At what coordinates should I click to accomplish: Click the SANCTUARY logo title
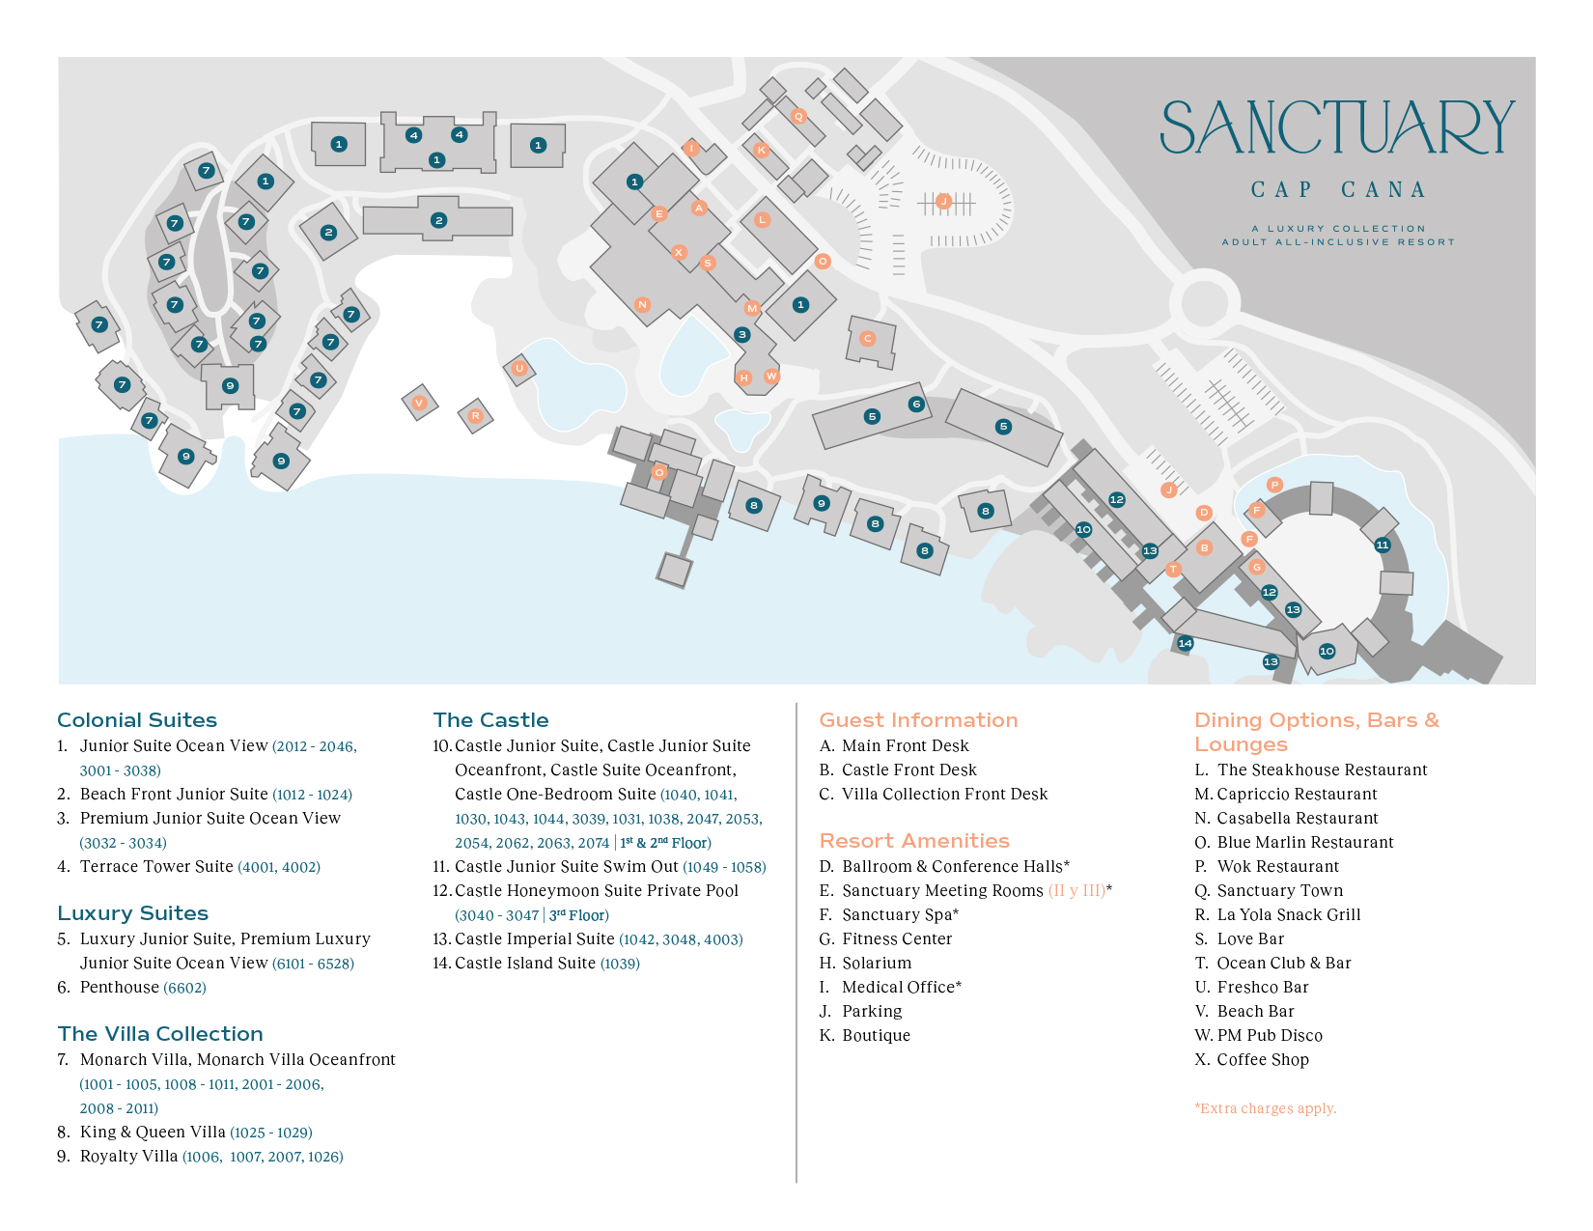(x=1337, y=128)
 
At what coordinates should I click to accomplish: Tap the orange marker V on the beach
(x=419, y=403)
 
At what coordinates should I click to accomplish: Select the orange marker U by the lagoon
(x=519, y=368)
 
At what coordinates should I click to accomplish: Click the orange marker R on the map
(x=475, y=416)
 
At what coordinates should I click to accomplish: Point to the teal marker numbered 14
(x=1185, y=643)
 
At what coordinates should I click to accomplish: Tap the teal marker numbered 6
(x=916, y=405)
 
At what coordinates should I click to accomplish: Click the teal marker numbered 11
(x=1383, y=545)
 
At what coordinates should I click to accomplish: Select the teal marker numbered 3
(x=741, y=335)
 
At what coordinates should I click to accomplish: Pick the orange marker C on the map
(x=867, y=338)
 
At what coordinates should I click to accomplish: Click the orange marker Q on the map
(x=798, y=116)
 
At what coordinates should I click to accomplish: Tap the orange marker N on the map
(x=642, y=304)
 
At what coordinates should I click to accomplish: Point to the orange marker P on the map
(x=1274, y=485)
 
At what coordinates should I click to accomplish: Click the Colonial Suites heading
(x=137, y=720)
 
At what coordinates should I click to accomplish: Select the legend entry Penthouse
(x=120, y=987)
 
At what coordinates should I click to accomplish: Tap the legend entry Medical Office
(x=901, y=987)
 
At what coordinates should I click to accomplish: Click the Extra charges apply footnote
(x=1265, y=1108)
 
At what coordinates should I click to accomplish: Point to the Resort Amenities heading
(x=914, y=841)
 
